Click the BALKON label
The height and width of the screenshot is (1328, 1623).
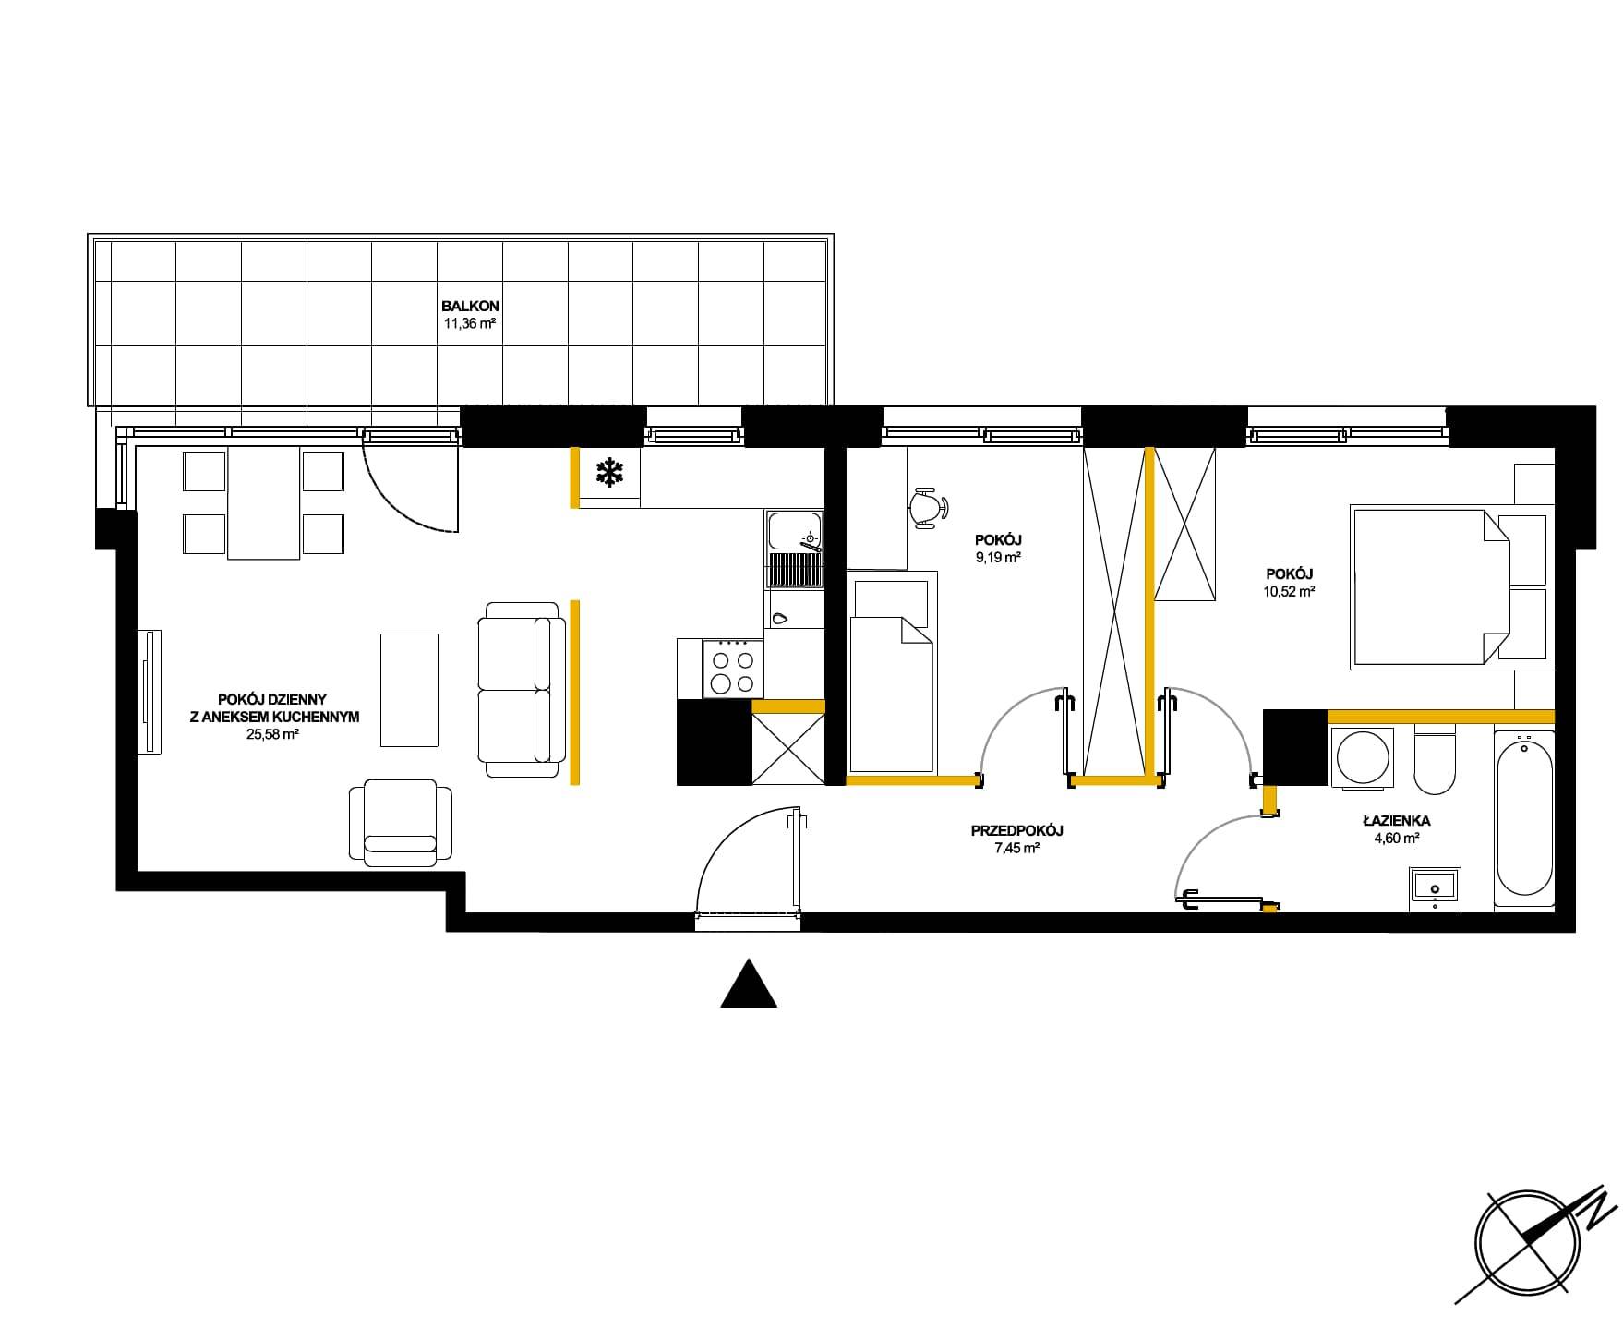(x=471, y=306)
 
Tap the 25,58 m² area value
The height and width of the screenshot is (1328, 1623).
(x=273, y=734)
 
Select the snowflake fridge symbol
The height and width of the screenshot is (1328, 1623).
(x=607, y=475)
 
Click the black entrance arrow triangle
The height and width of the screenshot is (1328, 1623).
(x=749, y=983)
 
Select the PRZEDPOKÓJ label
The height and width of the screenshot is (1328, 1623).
(x=1017, y=831)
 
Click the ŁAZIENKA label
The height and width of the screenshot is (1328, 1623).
(x=1396, y=820)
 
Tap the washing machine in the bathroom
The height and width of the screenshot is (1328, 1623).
(x=1362, y=756)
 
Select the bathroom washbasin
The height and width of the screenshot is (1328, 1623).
(x=1435, y=888)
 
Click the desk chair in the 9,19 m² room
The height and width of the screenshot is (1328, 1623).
(x=928, y=508)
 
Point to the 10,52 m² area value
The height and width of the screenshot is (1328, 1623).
(x=1288, y=592)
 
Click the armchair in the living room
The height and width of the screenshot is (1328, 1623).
(x=401, y=822)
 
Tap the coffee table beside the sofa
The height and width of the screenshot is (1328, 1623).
(x=410, y=689)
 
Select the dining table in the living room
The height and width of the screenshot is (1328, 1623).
(x=264, y=502)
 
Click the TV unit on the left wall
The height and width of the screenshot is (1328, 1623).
(x=149, y=691)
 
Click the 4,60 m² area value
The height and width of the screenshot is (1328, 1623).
(x=1396, y=839)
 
